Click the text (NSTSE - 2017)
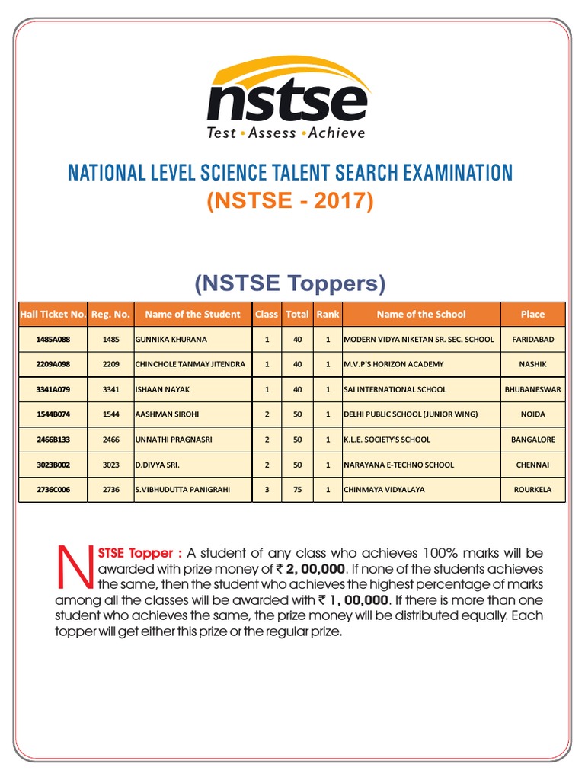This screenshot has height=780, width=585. (290, 200)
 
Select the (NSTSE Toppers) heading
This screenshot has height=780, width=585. (289, 283)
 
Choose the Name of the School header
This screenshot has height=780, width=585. (421, 314)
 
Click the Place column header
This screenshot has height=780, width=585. (532, 314)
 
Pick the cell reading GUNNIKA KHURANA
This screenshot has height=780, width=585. (171, 339)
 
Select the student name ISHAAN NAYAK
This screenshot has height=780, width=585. (163, 389)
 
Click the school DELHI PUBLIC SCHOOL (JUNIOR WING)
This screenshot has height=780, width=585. (411, 414)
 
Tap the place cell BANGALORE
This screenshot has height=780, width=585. (532, 440)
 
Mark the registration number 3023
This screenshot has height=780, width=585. (110, 465)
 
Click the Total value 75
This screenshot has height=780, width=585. (297, 490)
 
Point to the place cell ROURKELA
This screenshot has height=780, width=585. (532, 490)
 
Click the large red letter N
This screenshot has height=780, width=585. (74, 566)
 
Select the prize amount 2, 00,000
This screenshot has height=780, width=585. (315, 569)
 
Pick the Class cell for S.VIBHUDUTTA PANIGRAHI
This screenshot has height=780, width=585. (267, 490)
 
